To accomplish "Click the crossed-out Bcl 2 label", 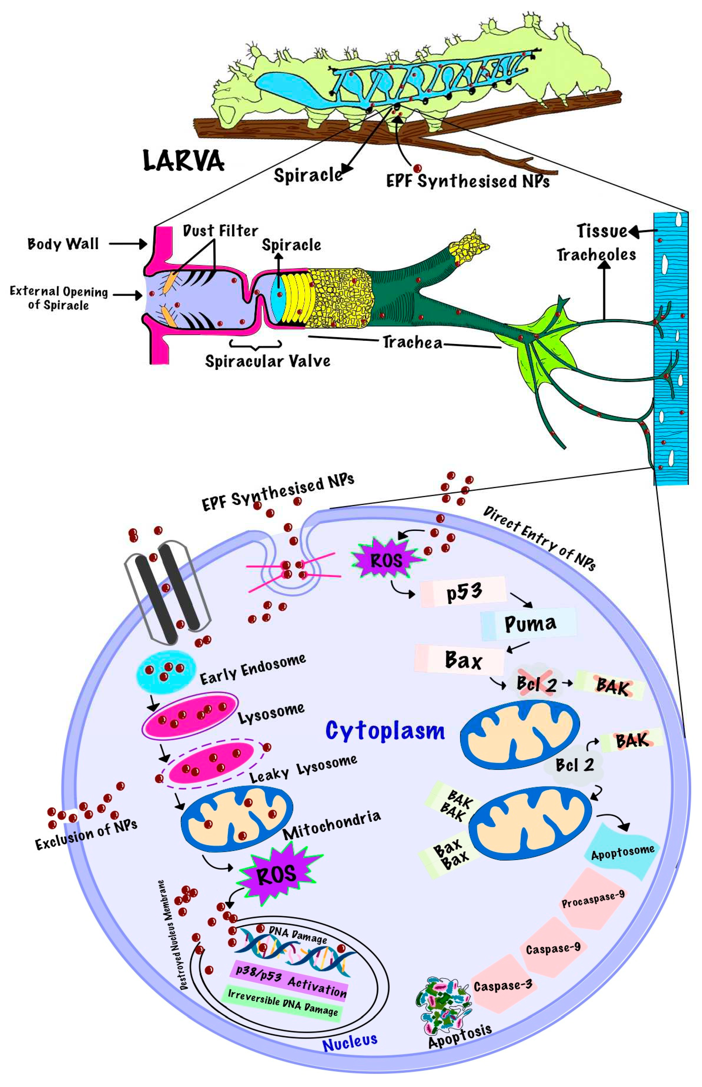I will pyautogui.click(x=536, y=684).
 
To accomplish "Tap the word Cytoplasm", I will pyautogui.click(x=385, y=731).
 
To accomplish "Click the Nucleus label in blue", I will pyautogui.click(x=350, y=1041).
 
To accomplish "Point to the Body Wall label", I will pyautogui.click(x=63, y=244).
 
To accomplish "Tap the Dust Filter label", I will pyautogui.click(x=220, y=231).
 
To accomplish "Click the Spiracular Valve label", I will pyautogui.click(x=268, y=361).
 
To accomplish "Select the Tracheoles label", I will pyautogui.click(x=596, y=255).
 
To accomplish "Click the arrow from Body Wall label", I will pyautogui.click(x=128, y=244).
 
